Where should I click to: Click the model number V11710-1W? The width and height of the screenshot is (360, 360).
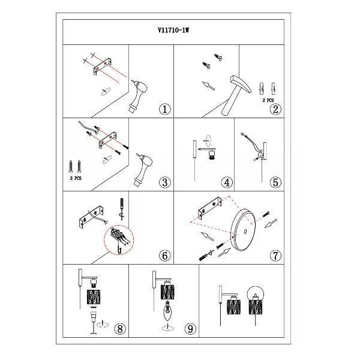pyautogui.click(x=173, y=31)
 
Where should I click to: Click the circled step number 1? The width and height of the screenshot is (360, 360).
pyautogui.click(x=165, y=109)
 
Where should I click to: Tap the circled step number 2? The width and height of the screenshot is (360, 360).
pyautogui.click(x=275, y=109)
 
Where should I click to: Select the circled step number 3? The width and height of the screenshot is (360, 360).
pyautogui.click(x=165, y=182)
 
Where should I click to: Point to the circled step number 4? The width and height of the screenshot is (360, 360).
pyautogui.click(x=227, y=182)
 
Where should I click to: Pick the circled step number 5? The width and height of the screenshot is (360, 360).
pyautogui.click(x=275, y=182)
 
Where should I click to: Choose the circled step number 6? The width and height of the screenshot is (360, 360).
pyautogui.click(x=165, y=256)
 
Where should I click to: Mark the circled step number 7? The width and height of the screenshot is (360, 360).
pyautogui.click(x=275, y=256)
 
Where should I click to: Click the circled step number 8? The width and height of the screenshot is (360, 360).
pyautogui.click(x=120, y=329)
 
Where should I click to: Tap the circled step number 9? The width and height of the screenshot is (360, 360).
pyautogui.click(x=190, y=329)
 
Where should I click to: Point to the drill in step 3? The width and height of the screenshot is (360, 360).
pyautogui.click(x=143, y=169)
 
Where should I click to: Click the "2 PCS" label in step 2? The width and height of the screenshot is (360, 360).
pyautogui.click(x=268, y=101)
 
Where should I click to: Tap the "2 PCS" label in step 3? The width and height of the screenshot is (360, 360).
pyautogui.click(x=76, y=178)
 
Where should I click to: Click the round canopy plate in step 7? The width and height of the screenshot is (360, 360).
pyautogui.click(x=243, y=230)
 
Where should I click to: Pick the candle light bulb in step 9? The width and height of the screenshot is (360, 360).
pyautogui.click(x=168, y=311)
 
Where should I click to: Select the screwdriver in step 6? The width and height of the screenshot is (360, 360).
pyautogui.click(x=121, y=208)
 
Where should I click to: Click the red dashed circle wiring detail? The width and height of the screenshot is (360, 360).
pyautogui.click(x=119, y=240)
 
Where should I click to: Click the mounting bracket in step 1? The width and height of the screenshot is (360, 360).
pyautogui.click(x=103, y=66)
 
